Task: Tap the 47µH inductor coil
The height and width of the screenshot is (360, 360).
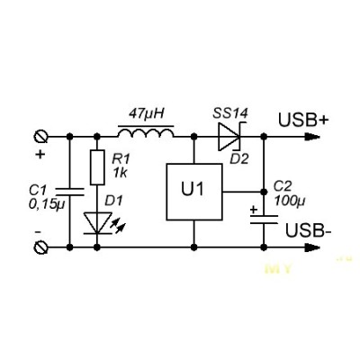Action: [x=146, y=132]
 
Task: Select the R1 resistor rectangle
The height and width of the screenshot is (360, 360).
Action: [x=97, y=167]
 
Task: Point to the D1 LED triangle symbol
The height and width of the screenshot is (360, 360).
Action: [x=97, y=223]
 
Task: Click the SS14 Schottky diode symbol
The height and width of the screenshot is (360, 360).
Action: [x=229, y=137]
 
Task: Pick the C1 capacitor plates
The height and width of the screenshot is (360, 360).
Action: [x=70, y=192]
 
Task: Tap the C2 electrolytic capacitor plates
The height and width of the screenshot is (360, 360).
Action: [x=264, y=220]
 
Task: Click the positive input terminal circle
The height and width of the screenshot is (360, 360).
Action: [x=40, y=137]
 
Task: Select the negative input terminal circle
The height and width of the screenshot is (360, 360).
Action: [x=40, y=247]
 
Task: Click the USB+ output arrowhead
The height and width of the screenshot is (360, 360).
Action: [x=312, y=137]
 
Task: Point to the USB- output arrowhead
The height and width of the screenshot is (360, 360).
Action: [x=312, y=247]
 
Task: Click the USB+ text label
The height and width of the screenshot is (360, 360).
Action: [x=303, y=120]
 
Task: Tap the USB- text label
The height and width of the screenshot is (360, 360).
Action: [x=309, y=231]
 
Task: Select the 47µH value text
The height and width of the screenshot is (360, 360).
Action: [x=147, y=114]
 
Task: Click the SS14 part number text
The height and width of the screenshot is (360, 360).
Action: [x=230, y=113]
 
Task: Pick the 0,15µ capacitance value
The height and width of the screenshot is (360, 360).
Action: [x=47, y=204]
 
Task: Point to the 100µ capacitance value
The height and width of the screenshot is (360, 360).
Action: [x=289, y=201]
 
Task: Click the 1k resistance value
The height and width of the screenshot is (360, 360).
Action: [x=120, y=173]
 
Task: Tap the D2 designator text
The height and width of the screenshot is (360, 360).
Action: [x=239, y=159]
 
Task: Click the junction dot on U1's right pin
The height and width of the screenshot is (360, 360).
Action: [x=264, y=192]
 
